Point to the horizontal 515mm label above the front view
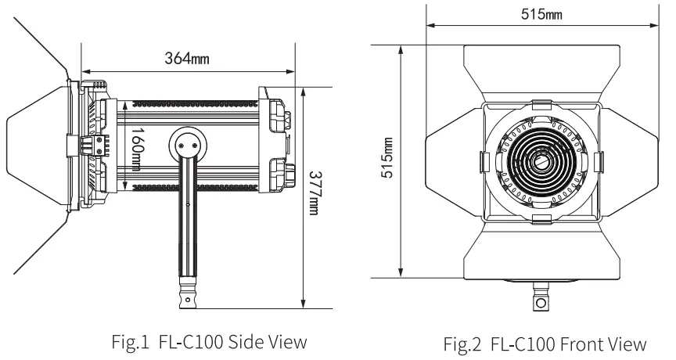(541, 13)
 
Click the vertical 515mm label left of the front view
(387, 160)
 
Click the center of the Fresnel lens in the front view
(540, 161)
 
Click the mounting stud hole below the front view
(540, 302)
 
